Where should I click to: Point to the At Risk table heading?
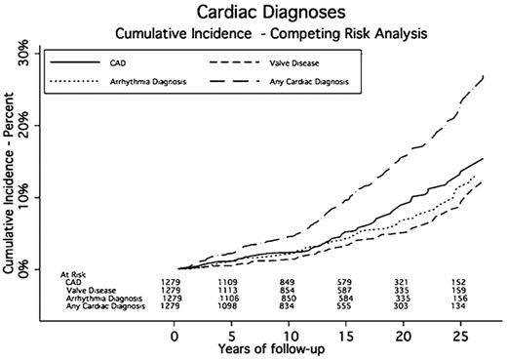coord(74,276)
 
